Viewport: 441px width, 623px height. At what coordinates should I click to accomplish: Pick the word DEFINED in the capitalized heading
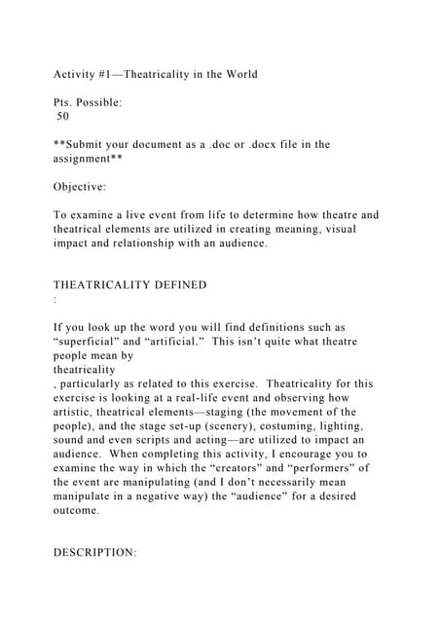177,284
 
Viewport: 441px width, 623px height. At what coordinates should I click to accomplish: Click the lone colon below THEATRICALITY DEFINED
55,299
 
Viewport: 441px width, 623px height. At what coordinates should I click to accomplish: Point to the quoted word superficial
95,342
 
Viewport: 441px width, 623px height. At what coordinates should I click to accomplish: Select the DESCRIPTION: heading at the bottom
94,553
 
